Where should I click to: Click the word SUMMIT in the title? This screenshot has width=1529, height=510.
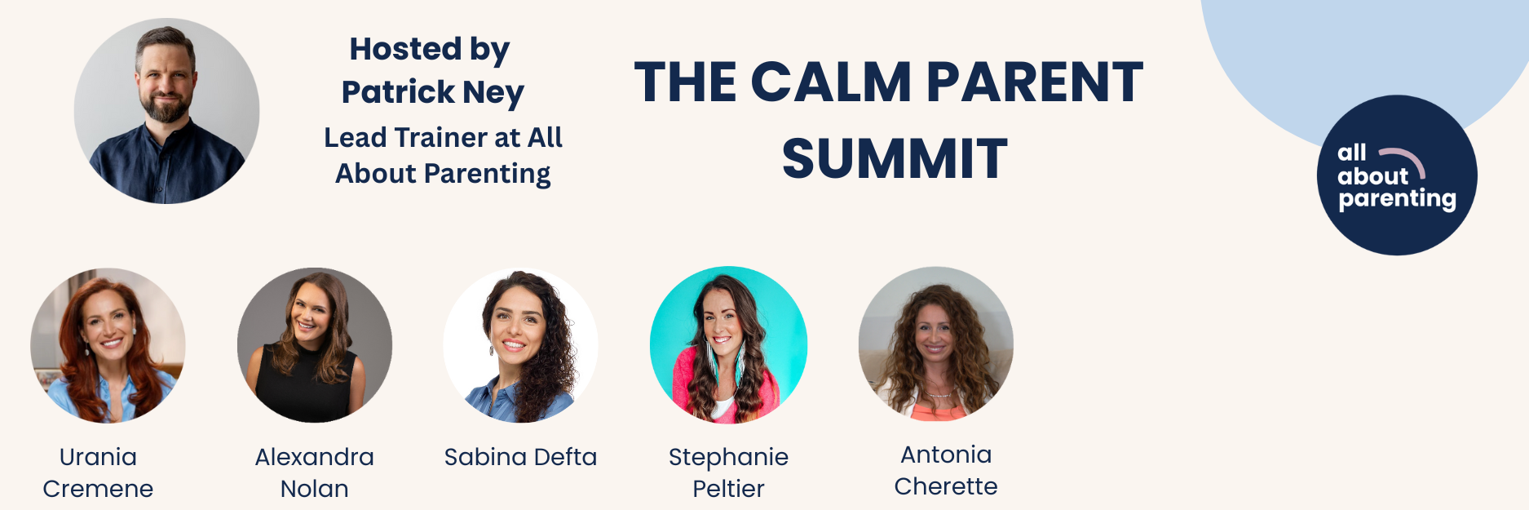pyautogui.click(x=895, y=158)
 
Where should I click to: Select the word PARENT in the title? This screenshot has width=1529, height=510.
pyautogui.click(x=1035, y=82)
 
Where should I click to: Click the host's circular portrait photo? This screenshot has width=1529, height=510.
pyautogui.click(x=166, y=111)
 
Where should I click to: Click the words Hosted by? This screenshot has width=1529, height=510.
pyautogui.click(x=430, y=49)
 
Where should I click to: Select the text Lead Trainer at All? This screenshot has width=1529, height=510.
pyautogui.click(x=443, y=137)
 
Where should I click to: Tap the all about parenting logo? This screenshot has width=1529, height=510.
pyautogui.click(x=1397, y=175)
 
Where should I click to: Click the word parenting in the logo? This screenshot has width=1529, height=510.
pyautogui.click(x=1397, y=199)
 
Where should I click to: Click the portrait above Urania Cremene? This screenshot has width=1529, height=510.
pyautogui.click(x=108, y=345)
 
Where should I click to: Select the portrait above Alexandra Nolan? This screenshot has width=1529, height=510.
pyautogui.click(x=315, y=345)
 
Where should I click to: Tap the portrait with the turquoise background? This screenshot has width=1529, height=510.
pyautogui.click(x=728, y=345)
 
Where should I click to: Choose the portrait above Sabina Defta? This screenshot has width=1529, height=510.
pyautogui.click(x=520, y=345)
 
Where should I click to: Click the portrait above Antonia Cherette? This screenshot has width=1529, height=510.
pyautogui.click(x=936, y=344)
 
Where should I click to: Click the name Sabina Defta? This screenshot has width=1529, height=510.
pyautogui.click(x=520, y=457)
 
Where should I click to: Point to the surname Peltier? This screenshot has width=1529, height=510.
pyautogui.click(x=728, y=489)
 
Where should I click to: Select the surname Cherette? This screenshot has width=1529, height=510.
pyautogui.click(x=946, y=486)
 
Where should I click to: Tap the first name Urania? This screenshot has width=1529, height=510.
pyautogui.click(x=98, y=457)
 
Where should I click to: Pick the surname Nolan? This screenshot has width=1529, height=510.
pyautogui.click(x=315, y=489)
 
